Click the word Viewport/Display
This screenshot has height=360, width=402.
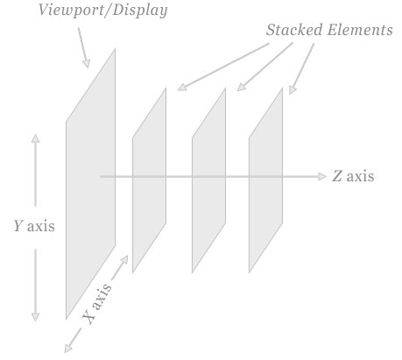tap(102, 11)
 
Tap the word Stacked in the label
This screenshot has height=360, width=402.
tap(294, 30)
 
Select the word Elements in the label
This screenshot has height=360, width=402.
tap(360, 30)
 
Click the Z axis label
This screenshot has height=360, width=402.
tap(353, 176)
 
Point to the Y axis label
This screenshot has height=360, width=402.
tap(34, 226)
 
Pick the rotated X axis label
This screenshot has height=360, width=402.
tap(96, 303)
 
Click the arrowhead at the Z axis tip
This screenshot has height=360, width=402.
tap(322, 176)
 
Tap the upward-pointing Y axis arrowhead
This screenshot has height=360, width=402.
tap(36, 138)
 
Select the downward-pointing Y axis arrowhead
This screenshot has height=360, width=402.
tap(36, 317)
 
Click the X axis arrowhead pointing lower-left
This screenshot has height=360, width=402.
tap(68, 349)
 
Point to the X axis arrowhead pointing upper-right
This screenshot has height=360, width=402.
tap(124, 259)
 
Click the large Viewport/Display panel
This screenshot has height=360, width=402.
tap(90, 184)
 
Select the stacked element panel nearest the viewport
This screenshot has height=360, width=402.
tap(149, 180)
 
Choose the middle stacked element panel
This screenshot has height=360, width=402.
tap(208, 180)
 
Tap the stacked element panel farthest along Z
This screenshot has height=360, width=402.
tap(265, 180)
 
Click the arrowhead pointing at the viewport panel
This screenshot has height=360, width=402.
tap(87, 64)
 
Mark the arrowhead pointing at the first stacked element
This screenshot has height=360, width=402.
tap(182, 87)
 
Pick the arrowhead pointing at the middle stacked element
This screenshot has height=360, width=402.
tap(241, 88)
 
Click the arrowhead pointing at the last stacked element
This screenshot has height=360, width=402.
tap(293, 90)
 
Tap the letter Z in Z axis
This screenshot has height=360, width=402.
tap(337, 176)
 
